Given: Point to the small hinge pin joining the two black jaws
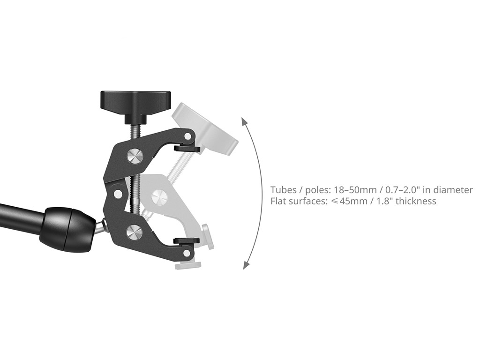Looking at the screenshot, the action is coord(117,193).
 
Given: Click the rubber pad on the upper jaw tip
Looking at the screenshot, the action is coord(187,149).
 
